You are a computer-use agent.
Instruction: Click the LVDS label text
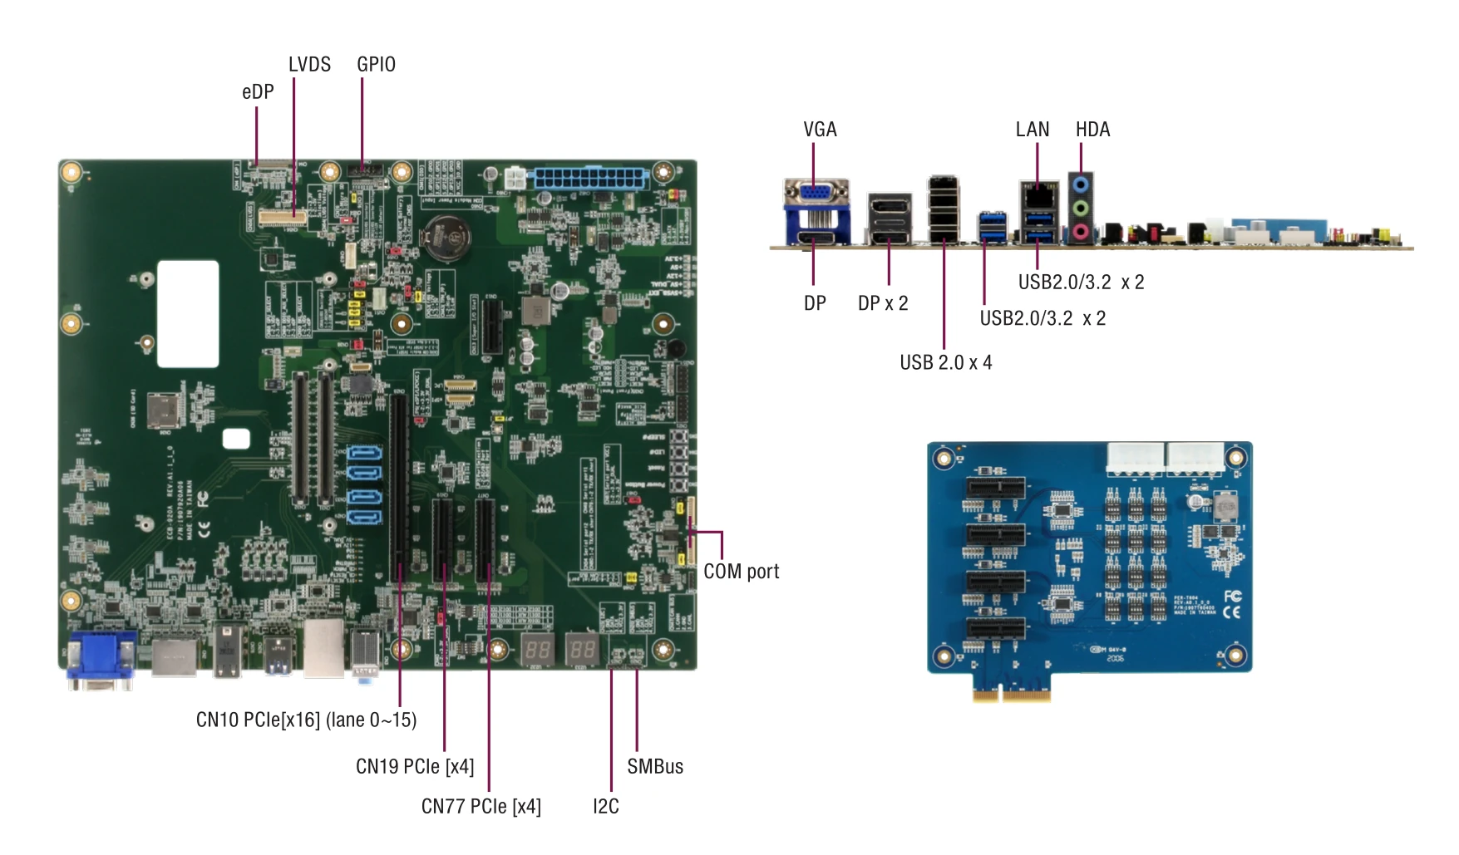click(x=309, y=65)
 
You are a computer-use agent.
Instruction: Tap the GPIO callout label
click(x=376, y=65)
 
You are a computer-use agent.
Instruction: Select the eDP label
click(x=258, y=92)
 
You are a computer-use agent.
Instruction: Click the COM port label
click(x=741, y=572)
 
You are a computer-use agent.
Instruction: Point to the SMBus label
click(x=655, y=767)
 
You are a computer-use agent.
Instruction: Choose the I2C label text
click(x=605, y=807)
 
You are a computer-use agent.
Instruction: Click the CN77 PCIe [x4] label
click(x=481, y=807)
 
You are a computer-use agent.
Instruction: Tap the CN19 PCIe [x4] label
click(x=415, y=767)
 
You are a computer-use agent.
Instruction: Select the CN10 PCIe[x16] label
click(x=306, y=720)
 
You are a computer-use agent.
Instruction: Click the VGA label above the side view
click(x=820, y=130)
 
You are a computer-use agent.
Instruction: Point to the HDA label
click(x=1092, y=130)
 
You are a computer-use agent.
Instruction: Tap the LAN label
click(x=1033, y=130)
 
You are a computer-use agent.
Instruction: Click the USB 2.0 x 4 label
click(x=945, y=363)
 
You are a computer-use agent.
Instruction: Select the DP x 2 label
click(x=883, y=304)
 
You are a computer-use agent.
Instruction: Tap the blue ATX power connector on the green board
click(x=589, y=178)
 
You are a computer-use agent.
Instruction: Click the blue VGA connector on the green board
click(x=101, y=660)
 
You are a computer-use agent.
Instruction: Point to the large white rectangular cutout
click(x=188, y=313)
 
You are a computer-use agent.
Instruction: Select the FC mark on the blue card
click(x=1232, y=597)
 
